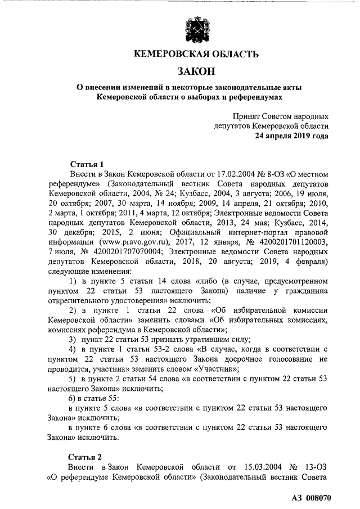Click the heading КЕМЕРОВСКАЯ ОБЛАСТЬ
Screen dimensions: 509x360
pos(196,55)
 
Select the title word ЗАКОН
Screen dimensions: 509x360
pos(196,71)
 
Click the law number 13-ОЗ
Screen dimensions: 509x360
pos(316,467)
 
